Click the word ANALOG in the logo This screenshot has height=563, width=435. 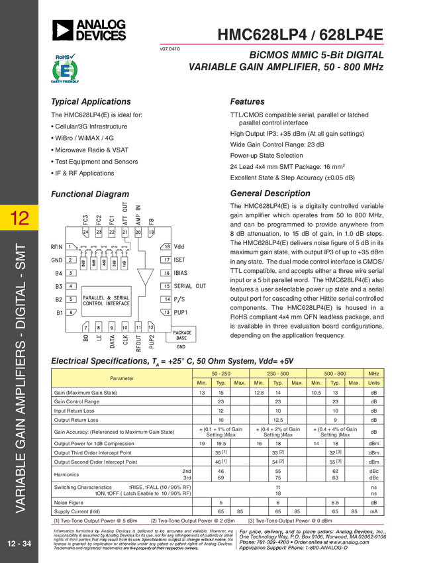[100, 25]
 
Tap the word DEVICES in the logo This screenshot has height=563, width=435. [101, 36]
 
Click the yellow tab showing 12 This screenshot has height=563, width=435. [20, 217]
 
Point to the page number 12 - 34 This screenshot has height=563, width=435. [19, 544]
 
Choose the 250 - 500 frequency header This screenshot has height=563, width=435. [278, 374]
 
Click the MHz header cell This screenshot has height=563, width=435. [374, 374]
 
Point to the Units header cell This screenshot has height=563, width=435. [374, 383]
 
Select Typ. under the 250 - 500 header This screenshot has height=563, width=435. [278, 383]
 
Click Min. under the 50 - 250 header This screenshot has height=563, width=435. [201, 383]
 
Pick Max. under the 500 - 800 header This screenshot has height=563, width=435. [354, 383]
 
